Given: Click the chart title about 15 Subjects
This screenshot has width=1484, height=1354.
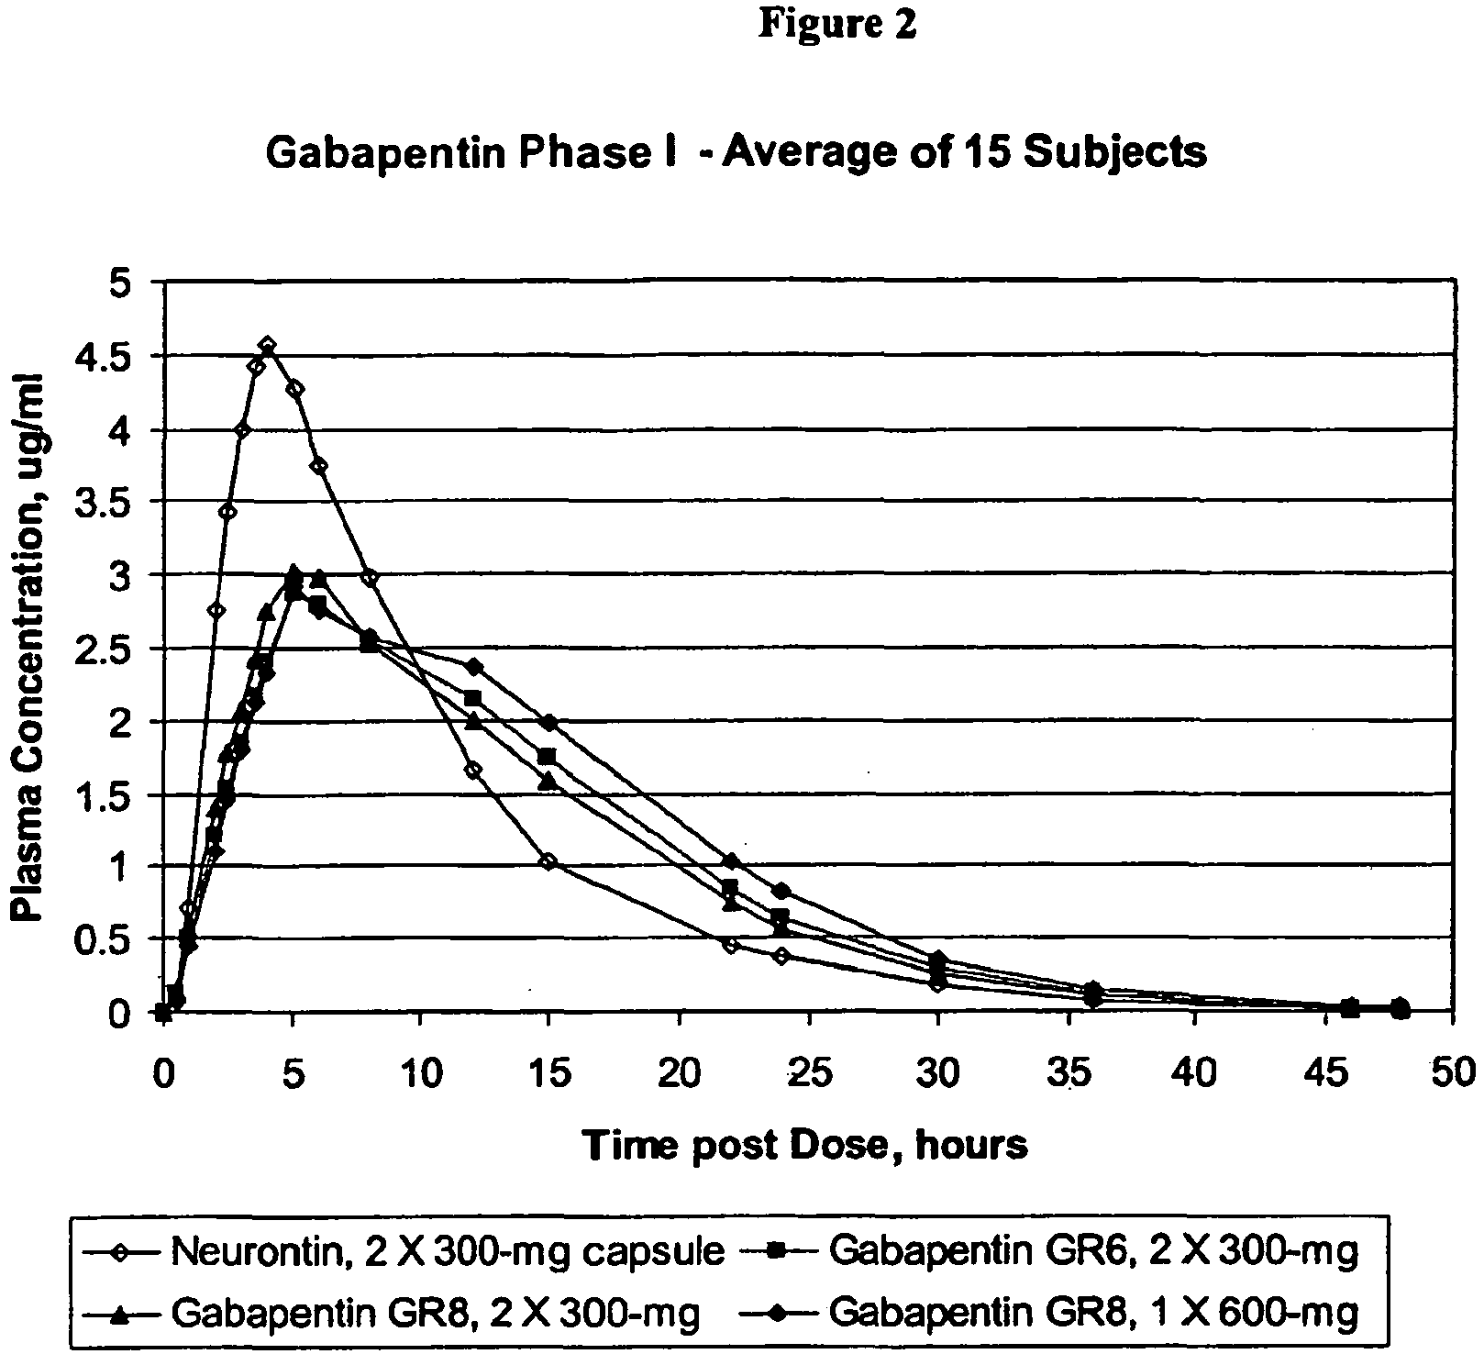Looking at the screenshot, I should [x=736, y=152].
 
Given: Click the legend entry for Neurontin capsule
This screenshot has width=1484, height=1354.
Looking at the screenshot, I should [x=404, y=1250].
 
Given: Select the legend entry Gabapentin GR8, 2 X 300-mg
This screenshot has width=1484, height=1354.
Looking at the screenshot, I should [x=390, y=1314].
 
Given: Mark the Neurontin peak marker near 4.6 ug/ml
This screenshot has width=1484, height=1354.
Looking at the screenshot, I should [x=267, y=346].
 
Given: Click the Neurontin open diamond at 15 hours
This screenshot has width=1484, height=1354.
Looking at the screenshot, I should [x=548, y=861].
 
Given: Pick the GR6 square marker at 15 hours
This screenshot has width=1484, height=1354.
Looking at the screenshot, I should [x=548, y=756].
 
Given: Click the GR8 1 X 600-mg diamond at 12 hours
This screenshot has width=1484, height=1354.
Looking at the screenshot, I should [x=473, y=666].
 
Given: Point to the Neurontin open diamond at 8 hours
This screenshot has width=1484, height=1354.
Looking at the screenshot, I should [x=370, y=578].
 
